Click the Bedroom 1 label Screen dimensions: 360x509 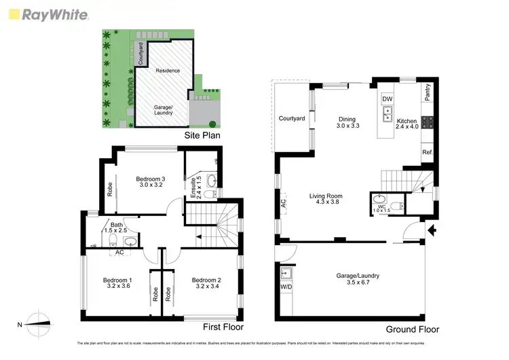point(117,280)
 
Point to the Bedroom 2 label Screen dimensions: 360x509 point(207,280)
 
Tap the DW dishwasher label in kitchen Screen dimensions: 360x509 point(387,99)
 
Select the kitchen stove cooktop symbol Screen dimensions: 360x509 point(428,123)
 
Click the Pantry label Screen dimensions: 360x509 point(428,92)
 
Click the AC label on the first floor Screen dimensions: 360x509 point(119,252)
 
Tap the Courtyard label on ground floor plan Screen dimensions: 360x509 point(291,118)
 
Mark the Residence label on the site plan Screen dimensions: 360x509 point(168,71)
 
